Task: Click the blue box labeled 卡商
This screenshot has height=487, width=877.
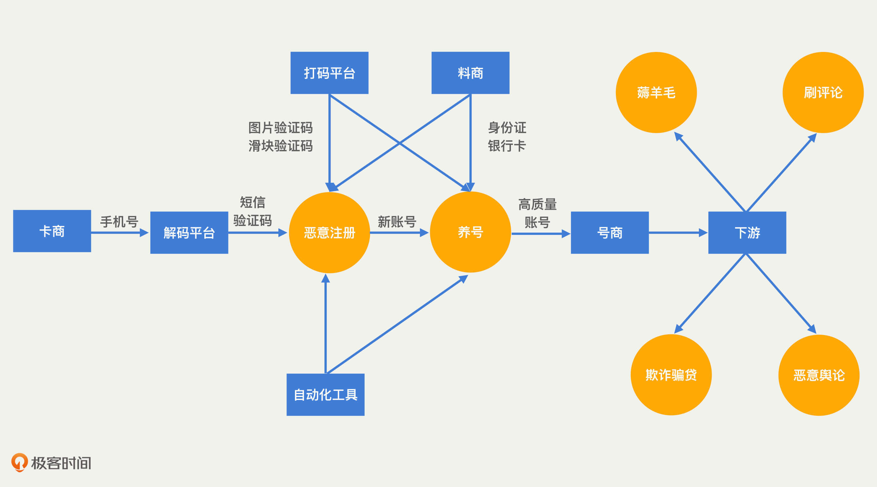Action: (x=52, y=231)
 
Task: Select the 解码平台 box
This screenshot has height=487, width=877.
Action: (x=189, y=233)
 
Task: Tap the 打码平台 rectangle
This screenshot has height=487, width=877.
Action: (x=329, y=73)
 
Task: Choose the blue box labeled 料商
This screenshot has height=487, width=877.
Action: (x=470, y=73)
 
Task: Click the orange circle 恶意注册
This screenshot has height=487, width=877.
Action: (x=329, y=233)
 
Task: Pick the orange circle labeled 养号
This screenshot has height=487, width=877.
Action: (x=470, y=232)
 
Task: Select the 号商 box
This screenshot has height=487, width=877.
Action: (x=609, y=233)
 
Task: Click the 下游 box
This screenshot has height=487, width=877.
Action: (x=747, y=233)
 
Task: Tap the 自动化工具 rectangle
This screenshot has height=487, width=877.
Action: (x=325, y=395)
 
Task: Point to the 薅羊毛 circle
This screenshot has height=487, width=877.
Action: (x=656, y=93)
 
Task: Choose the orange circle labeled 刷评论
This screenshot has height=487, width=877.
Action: (x=823, y=93)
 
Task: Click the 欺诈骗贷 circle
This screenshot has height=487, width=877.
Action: (x=671, y=375)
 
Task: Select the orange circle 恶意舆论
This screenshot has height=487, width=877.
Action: (x=819, y=375)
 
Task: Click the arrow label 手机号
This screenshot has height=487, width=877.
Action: (x=119, y=222)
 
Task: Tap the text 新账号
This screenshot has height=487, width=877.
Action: (x=397, y=222)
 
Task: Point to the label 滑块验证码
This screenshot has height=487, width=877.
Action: (x=280, y=146)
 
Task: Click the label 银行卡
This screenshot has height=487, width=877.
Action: (x=507, y=146)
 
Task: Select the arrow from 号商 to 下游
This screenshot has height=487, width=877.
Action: (x=678, y=233)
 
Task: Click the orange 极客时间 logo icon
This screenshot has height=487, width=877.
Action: (x=19, y=462)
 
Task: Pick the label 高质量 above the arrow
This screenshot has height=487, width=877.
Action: (x=537, y=205)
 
